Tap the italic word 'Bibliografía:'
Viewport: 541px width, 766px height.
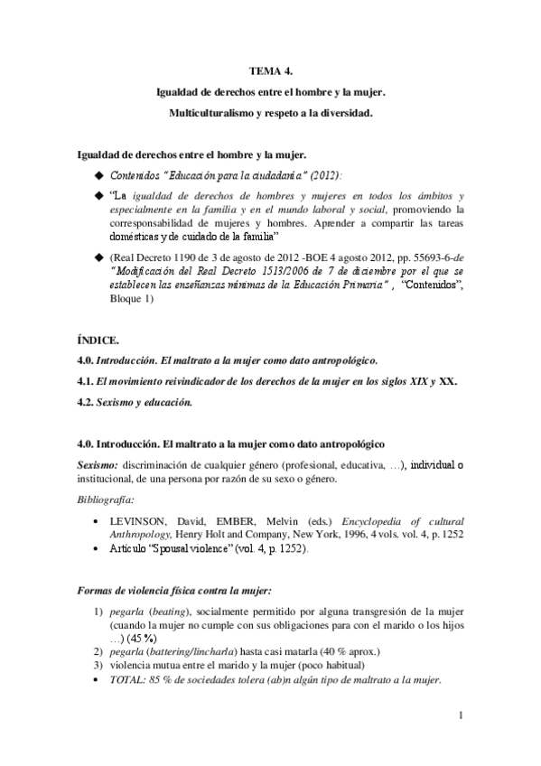[x=105, y=499]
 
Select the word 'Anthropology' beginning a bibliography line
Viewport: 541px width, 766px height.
[x=141, y=535]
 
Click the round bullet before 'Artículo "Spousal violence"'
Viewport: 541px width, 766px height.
[x=97, y=548]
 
